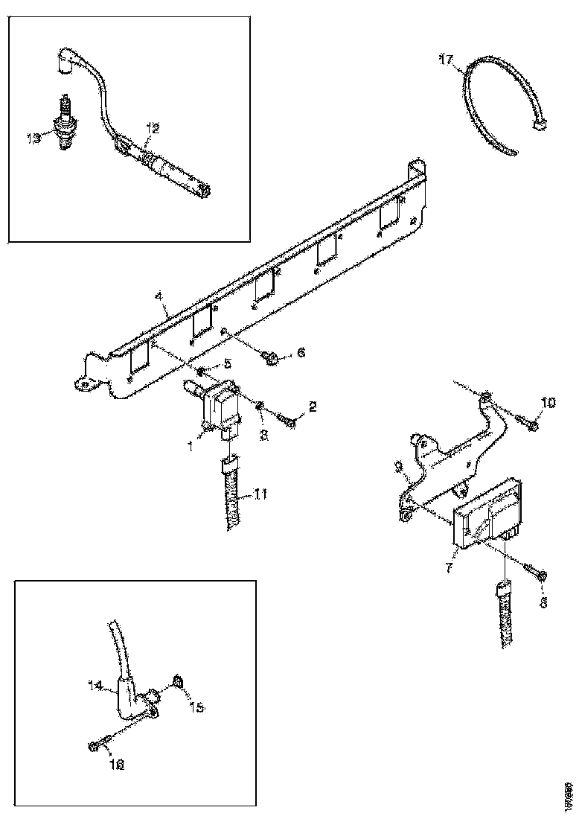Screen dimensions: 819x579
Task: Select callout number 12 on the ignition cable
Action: coord(152,129)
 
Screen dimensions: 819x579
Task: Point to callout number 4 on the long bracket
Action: coord(159,296)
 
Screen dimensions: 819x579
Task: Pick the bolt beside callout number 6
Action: coord(272,360)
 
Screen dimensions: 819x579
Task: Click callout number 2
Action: coord(313,407)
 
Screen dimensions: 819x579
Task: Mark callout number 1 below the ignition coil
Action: coord(191,446)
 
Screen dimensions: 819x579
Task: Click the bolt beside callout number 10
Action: coord(531,425)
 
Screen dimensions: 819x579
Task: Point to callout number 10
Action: coord(548,404)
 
